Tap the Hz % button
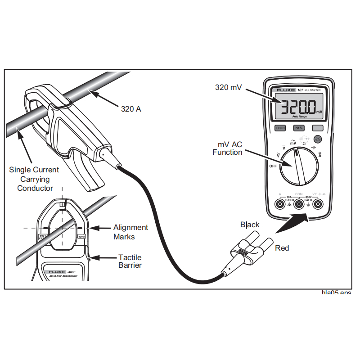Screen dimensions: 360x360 tap(299, 128)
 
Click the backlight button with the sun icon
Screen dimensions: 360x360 tap(318, 139)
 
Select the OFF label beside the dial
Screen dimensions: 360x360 tap(273, 166)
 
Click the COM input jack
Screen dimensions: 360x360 tap(299, 205)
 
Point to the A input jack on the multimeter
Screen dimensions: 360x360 tap(280, 205)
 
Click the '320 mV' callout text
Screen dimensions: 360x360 tap(228, 88)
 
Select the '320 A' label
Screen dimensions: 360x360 tap(131, 108)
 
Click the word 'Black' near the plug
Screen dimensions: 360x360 tap(250, 225)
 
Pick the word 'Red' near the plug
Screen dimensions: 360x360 tap(282, 248)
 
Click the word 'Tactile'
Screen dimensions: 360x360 tap(130, 257)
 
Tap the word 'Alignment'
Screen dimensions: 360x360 tap(130, 228)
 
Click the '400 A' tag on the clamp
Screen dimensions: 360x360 tap(81, 236)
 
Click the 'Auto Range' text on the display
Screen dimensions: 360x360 tap(299, 117)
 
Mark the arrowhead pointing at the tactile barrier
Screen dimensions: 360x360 tap(92, 258)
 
